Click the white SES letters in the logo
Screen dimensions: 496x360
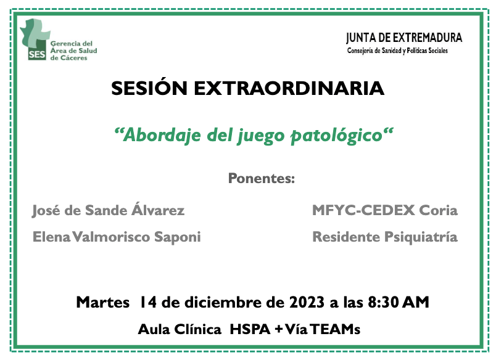tap(37, 54)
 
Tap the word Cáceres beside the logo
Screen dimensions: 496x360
tap(73, 58)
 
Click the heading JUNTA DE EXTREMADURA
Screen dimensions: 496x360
tap(404, 38)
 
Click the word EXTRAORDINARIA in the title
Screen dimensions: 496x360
tap(289, 88)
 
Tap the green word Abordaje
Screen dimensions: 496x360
tap(162, 136)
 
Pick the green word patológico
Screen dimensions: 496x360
tap(337, 136)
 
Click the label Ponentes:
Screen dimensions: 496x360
tap(262, 178)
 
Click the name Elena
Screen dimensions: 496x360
tap(51, 237)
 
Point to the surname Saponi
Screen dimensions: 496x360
tap(178, 238)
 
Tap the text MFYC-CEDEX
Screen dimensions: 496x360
tap(363, 210)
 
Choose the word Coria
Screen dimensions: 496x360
tap(439, 210)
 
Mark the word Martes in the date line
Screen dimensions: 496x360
tap(103, 303)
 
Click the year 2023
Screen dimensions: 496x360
tap(307, 303)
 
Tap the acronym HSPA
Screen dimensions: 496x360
tap(250, 329)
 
